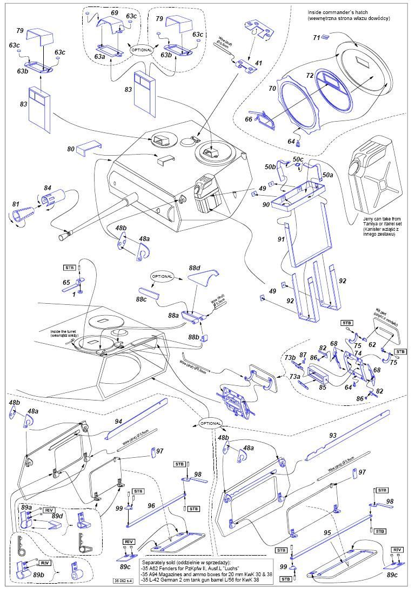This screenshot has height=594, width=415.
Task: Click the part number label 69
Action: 114,12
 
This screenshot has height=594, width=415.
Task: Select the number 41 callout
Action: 258,63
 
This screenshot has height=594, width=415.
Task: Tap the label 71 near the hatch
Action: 317,37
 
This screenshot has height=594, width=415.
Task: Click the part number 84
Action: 48,188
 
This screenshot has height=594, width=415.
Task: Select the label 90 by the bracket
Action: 266,204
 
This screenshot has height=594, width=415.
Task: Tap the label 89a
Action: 26,508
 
